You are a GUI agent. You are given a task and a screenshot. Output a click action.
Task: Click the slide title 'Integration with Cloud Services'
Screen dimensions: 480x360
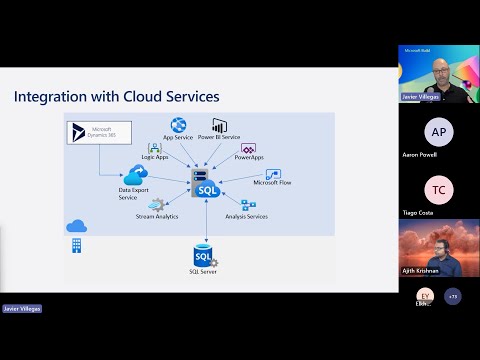[x=116, y=97]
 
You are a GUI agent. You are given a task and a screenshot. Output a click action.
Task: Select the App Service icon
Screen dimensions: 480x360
[x=178, y=124]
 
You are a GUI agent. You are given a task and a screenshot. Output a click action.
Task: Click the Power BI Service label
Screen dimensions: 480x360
[x=219, y=136]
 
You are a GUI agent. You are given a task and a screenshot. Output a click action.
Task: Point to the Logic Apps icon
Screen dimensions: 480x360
[x=155, y=148]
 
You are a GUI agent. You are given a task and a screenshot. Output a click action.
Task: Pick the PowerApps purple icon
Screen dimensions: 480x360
[x=249, y=148]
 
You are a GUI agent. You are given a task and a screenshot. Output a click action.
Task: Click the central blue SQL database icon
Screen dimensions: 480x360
[x=207, y=185]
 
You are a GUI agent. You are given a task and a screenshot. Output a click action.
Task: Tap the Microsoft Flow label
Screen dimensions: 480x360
[x=271, y=183]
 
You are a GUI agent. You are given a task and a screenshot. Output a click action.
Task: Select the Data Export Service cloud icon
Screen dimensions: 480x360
[x=135, y=176]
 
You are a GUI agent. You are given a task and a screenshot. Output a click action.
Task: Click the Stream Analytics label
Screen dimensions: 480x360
[x=157, y=216]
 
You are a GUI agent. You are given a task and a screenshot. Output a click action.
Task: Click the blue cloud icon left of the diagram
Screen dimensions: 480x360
[x=76, y=227]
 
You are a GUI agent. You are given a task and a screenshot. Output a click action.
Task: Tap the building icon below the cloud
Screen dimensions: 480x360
[x=76, y=246]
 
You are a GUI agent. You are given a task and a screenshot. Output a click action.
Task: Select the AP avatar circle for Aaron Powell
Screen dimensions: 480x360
[x=438, y=132]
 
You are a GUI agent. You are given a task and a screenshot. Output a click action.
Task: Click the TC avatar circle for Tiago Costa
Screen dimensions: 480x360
[x=438, y=189]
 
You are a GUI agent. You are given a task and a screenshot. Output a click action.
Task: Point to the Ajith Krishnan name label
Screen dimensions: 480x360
[x=421, y=270]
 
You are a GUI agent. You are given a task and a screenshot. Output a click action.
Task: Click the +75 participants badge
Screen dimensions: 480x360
[x=453, y=296]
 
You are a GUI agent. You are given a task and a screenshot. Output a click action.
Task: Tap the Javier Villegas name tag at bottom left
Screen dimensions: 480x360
[x=22, y=310]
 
